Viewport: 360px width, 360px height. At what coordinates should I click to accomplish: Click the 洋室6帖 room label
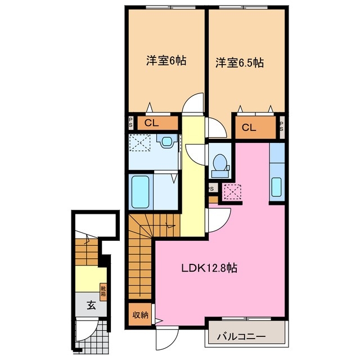coord(166,61)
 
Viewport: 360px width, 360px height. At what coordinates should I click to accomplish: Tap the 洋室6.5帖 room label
coord(238,63)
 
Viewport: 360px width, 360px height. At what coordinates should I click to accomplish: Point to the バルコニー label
coord(241,337)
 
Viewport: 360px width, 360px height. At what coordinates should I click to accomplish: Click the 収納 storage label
coord(141,314)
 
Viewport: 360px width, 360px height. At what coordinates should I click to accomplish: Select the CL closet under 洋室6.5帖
coord(249,128)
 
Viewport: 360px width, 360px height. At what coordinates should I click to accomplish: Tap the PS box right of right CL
coord(281,127)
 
